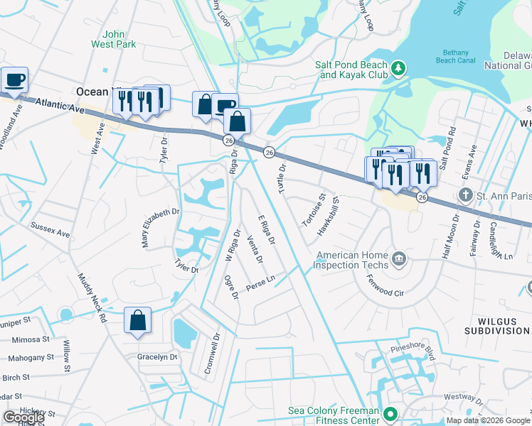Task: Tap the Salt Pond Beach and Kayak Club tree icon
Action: (x=399, y=68)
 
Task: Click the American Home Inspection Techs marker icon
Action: (x=398, y=260)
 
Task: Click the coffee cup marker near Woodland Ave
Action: (x=14, y=80)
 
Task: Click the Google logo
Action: (x=23, y=417)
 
